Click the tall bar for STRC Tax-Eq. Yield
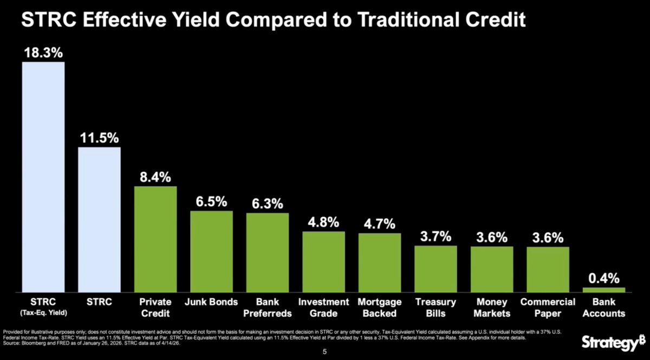tap(43, 177)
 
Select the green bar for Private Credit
tap(155, 239)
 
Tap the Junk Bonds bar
tap(211, 252)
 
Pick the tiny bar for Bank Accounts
tap(604, 290)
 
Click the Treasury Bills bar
tap(435, 269)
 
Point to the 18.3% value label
tap(43, 53)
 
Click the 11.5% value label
tap(99, 138)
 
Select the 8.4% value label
tap(155, 177)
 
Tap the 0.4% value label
tap(604, 278)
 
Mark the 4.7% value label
tap(380, 224)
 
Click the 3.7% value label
tap(435, 237)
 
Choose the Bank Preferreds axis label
tap(267, 307)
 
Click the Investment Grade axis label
tap(323, 307)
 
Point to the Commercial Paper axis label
tap(548, 307)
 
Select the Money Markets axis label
tap(492, 307)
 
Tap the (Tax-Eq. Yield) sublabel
tap(43, 313)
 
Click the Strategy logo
tap(613, 343)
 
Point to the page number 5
tap(324, 351)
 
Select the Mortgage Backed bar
tap(380, 263)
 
